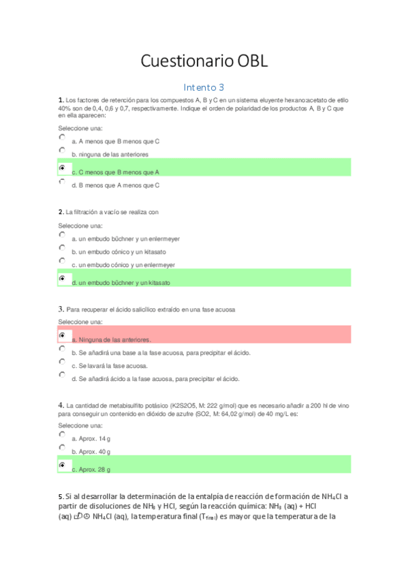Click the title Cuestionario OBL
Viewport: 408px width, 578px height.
[x=204, y=61]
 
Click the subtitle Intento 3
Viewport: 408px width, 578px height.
[x=204, y=87]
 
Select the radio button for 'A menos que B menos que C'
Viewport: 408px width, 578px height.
[x=62, y=137]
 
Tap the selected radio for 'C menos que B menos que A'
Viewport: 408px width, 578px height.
[x=62, y=168]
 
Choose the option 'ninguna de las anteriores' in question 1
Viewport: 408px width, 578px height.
[x=62, y=150]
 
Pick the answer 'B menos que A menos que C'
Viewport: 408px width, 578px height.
[x=62, y=181]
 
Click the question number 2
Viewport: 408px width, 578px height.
[x=61, y=212]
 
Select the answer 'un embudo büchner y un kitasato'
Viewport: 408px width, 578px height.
[x=62, y=278]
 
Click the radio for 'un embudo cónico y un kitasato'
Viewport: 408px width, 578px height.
[x=62, y=247]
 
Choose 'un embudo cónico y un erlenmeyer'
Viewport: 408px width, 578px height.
[x=62, y=260]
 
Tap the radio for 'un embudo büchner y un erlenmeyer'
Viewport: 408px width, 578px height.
[x=62, y=234]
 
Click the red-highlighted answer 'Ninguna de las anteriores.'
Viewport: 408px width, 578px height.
[x=62, y=335]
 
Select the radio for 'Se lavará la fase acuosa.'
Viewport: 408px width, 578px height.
[x=62, y=361]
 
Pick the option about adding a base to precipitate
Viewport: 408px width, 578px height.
[x=62, y=348]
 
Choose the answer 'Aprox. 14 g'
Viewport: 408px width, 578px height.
[x=62, y=434]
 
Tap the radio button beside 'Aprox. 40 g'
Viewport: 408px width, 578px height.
[x=62, y=447]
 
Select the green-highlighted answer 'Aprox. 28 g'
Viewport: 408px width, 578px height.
[x=62, y=465]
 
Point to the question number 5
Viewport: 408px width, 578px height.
[x=61, y=496]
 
